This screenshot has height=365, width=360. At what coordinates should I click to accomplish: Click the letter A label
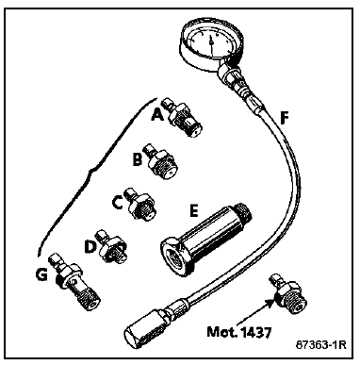tap(157, 116)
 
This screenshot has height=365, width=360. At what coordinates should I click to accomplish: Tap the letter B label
tap(137, 160)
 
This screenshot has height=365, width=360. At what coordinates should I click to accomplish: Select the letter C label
tap(117, 204)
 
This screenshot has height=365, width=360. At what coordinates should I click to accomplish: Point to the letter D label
tap(90, 247)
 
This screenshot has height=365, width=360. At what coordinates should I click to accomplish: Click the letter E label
tap(194, 211)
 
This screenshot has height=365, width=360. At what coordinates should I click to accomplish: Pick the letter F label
tap(284, 119)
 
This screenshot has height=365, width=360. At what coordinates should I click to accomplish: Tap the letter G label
tap(41, 275)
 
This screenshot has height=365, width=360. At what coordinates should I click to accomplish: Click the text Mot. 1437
tap(238, 332)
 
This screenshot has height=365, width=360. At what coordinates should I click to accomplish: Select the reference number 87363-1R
tap(320, 345)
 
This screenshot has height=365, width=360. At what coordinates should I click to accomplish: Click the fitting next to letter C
tap(140, 205)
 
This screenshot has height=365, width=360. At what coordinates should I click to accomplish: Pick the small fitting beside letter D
tap(112, 248)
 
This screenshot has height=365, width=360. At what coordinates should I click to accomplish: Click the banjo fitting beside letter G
tap(74, 282)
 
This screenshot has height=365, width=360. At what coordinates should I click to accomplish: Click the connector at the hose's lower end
tap(148, 325)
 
